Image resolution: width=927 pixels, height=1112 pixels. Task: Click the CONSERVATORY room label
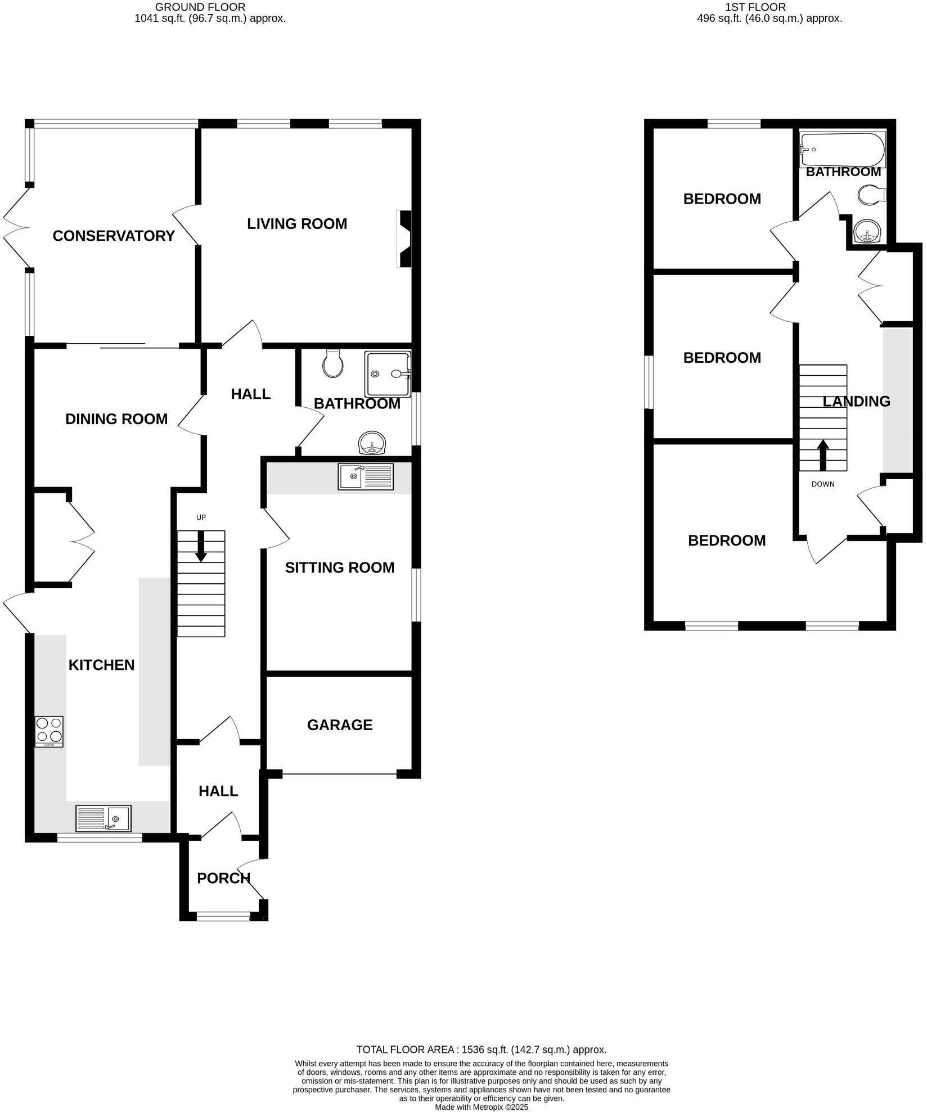point(114,236)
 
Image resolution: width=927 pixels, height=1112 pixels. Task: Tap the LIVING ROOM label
point(297,224)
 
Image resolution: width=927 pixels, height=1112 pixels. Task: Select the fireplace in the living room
point(404,238)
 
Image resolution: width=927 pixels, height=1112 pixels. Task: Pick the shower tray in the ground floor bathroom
point(387,373)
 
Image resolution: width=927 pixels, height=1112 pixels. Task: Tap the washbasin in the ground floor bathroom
point(372,443)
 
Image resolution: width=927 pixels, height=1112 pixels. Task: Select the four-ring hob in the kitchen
point(49,731)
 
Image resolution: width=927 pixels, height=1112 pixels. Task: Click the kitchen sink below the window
point(103,818)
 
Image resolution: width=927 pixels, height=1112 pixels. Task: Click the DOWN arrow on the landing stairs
point(823,455)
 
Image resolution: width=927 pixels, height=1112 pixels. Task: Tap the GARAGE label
point(340,725)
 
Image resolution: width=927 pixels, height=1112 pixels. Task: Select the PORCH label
point(223,878)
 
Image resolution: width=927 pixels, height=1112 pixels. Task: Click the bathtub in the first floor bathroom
point(842,150)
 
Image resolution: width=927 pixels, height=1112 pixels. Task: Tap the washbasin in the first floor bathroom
point(867,231)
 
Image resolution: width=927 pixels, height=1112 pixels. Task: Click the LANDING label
point(856,402)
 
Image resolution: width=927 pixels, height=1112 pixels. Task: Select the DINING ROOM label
point(116,419)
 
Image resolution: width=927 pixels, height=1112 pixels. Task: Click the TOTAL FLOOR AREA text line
point(481,1050)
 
